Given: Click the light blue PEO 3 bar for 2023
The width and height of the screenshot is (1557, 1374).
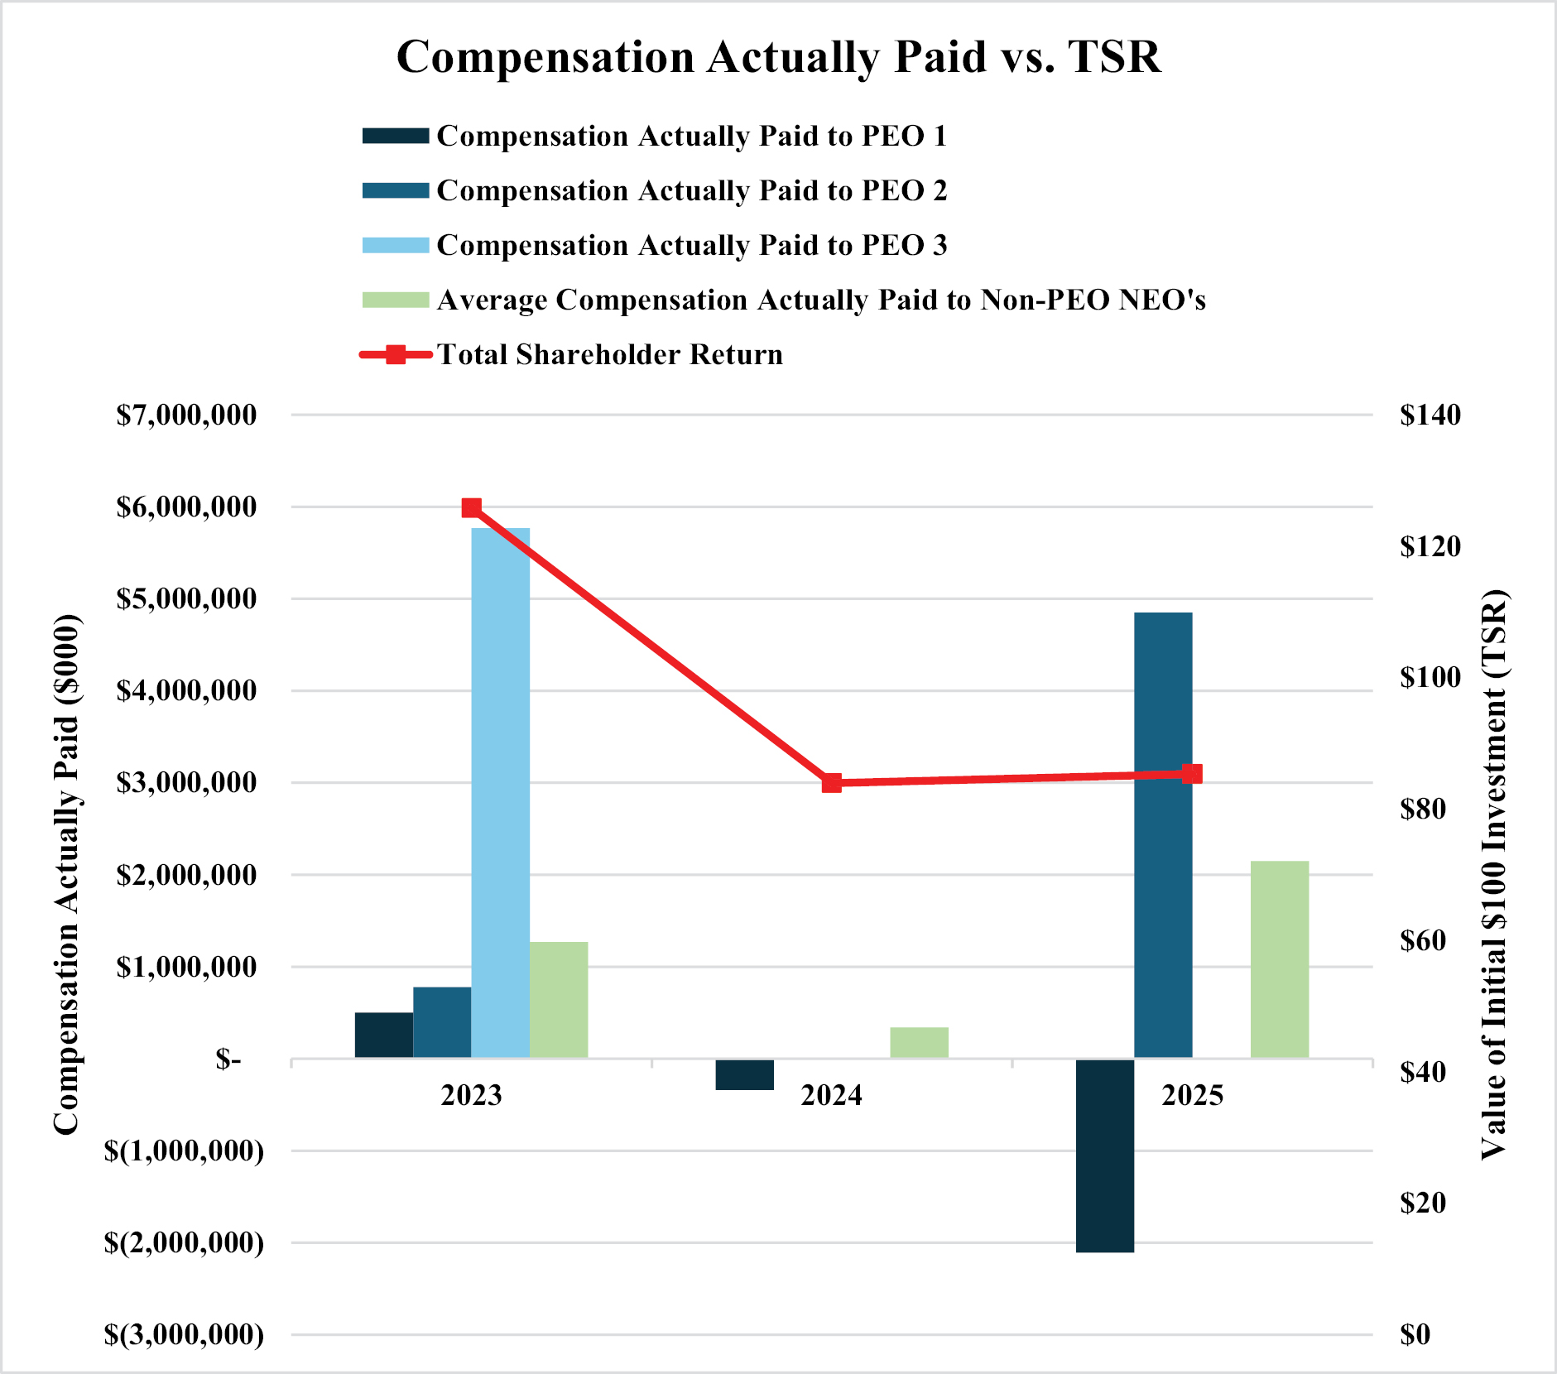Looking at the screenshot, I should point(500,792).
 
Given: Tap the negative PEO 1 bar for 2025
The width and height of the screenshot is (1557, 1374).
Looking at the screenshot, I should point(1105,1155).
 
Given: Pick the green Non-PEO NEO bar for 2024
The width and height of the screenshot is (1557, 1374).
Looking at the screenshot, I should point(919,1042).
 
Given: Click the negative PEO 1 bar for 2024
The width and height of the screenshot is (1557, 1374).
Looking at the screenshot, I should point(744,1074).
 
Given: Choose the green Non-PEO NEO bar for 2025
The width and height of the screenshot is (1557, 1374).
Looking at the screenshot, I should point(1280,959).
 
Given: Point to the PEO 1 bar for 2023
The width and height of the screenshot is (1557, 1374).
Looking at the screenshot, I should point(384,1035).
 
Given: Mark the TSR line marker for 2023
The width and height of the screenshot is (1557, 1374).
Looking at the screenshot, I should point(472,507).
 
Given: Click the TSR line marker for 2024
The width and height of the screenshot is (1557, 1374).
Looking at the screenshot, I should point(832,783).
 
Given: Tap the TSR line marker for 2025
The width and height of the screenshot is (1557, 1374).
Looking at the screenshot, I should point(1192,775).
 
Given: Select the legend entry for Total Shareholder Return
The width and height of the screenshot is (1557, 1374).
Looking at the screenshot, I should point(610,354).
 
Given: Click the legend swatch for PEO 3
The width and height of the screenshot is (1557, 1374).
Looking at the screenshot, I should point(396,245).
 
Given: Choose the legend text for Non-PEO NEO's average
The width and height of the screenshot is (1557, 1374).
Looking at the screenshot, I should point(821,300).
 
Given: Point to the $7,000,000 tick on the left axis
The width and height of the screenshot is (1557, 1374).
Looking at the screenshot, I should point(186,415).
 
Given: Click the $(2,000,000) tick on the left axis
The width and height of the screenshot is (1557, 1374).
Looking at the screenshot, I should point(184,1242).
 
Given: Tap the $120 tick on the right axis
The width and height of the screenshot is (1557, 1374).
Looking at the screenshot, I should point(1430,546).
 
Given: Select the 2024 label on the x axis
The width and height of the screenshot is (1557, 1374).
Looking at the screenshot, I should point(832,1095).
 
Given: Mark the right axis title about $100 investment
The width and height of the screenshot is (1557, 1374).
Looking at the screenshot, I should point(1493,874).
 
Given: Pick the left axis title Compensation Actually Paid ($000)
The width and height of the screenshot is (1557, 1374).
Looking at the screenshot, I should point(66,874).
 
